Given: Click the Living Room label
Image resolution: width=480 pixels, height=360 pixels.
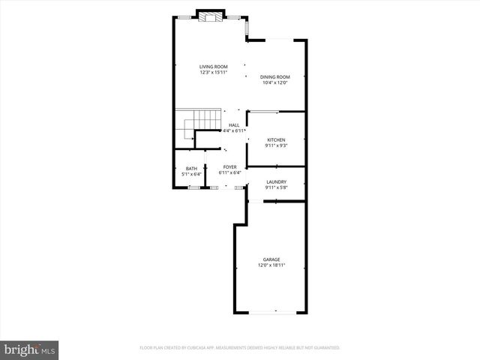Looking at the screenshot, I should pos(214,67).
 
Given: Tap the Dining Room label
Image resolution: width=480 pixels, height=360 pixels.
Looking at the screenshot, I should pos(275,76).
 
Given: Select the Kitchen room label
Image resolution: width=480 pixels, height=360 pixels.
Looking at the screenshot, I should pos(276,140).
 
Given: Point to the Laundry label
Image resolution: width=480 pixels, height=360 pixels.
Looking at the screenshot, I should pos(276,181).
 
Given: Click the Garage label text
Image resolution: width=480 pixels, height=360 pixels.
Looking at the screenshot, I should pos(271,259).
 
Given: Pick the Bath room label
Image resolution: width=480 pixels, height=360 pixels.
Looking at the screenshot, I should pos(192,169).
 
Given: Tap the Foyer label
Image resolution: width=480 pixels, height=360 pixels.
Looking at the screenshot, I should pos(229,167).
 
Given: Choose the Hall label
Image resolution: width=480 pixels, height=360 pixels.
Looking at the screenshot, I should pos(234,125).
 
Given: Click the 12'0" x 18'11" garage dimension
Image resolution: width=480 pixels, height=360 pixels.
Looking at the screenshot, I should pos(271,265).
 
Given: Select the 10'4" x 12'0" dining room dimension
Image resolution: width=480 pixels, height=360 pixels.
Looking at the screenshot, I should pos(275,82).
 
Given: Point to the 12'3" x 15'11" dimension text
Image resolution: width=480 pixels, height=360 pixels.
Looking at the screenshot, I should pos(214,73).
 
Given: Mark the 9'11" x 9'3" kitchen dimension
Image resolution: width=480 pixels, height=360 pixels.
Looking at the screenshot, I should pos(276,145).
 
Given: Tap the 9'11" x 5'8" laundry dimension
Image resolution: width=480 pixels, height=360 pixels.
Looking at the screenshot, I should pos(276,187).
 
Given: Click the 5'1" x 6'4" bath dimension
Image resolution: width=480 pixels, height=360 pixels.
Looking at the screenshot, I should pos(192,174).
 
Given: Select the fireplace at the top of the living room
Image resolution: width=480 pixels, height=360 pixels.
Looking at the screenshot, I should pos(211,16).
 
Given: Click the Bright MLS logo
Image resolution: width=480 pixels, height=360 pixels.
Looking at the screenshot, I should pos(30,349).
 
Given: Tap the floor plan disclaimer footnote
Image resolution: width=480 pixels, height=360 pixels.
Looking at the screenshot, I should pos(240,348).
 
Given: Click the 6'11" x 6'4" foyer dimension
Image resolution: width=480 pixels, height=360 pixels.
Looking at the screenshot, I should pos(229,173).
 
